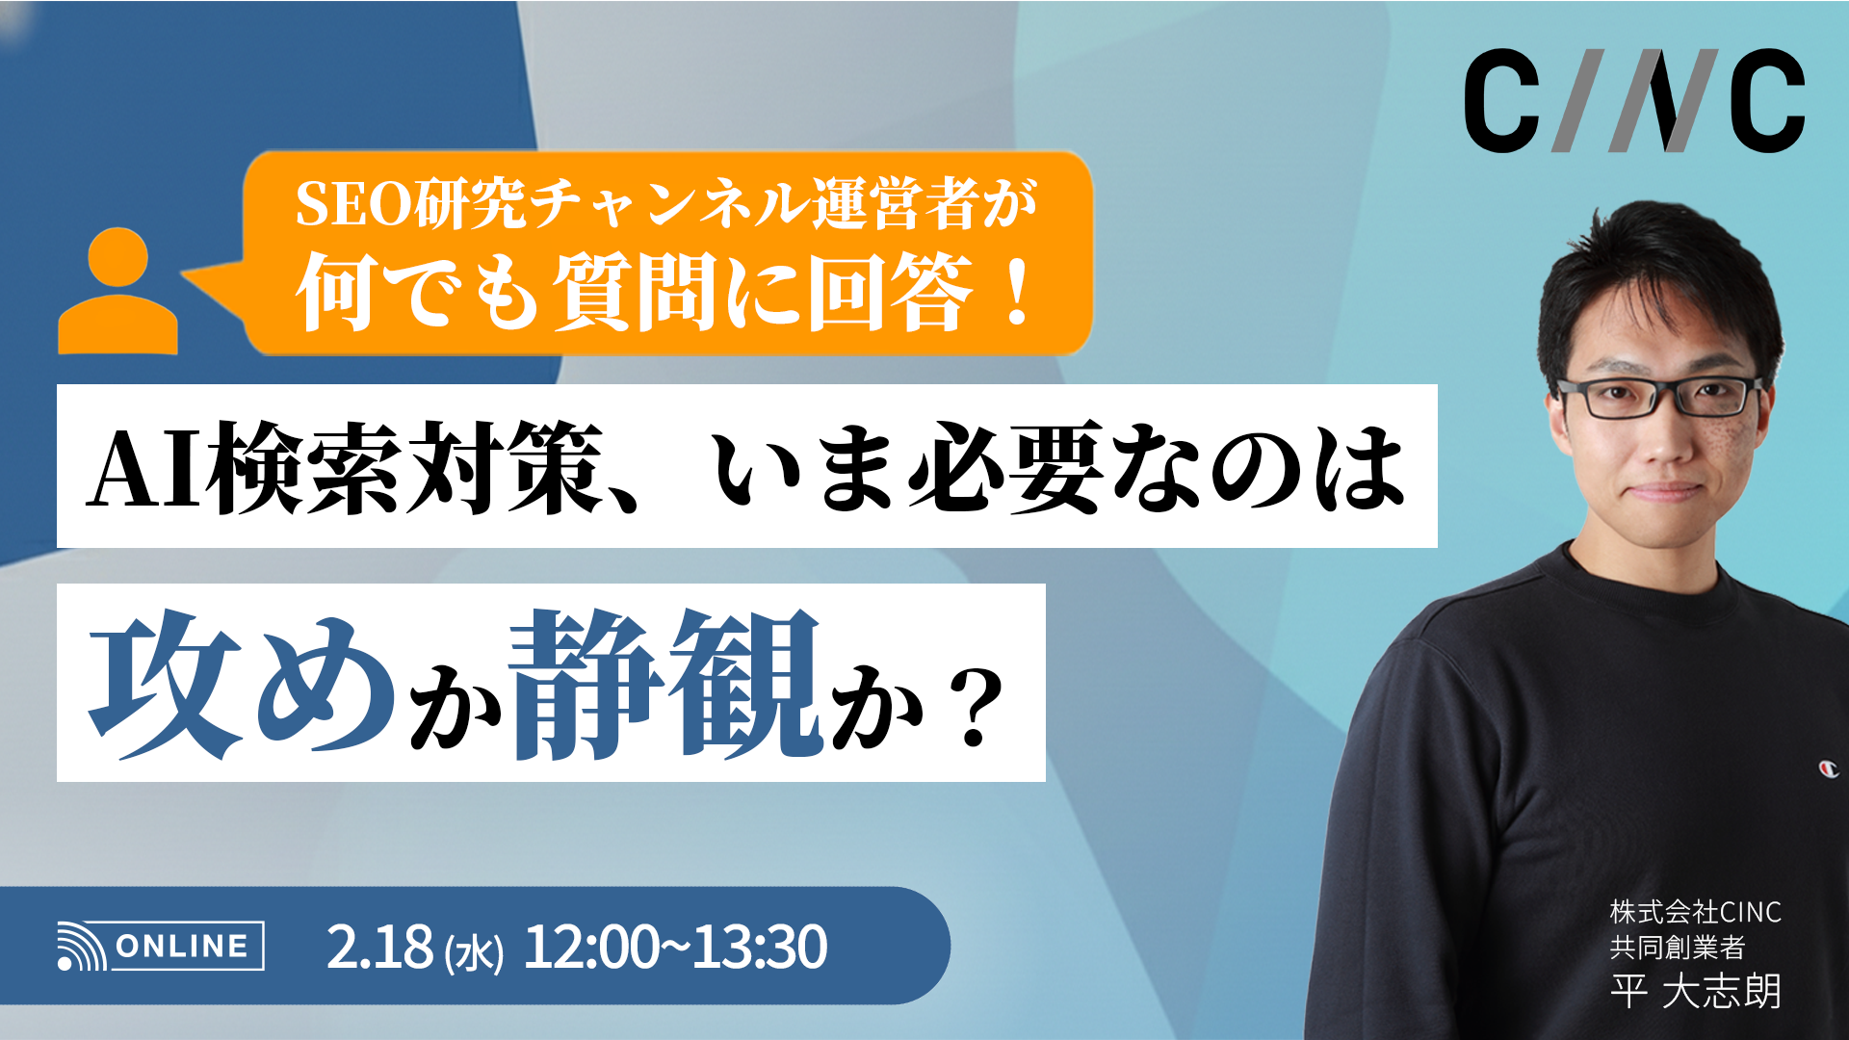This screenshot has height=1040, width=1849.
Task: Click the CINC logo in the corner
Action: pyautogui.click(x=1634, y=101)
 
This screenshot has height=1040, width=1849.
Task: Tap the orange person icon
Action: pyautogui.click(x=117, y=292)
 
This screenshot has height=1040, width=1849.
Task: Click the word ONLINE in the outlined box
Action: pyautogui.click(x=182, y=946)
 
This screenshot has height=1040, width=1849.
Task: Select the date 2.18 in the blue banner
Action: pyautogui.click(x=379, y=947)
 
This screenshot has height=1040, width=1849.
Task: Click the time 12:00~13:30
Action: pyautogui.click(x=674, y=947)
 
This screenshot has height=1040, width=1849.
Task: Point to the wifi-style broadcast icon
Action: pyautogui.click(x=82, y=947)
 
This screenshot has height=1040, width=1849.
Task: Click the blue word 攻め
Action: pyautogui.click(x=241, y=684)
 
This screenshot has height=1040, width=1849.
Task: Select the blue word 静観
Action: pyautogui.click(x=664, y=684)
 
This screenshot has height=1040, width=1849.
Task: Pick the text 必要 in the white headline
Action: pyautogui.click(x=1006, y=468)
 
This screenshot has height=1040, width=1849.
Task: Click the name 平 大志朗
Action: pyautogui.click(x=1695, y=991)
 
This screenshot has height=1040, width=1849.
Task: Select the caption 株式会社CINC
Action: pyautogui.click(x=1695, y=911)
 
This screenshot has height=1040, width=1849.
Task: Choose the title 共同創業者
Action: pyautogui.click(x=1677, y=948)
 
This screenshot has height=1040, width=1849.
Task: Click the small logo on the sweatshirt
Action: pyautogui.click(x=1828, y=768)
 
